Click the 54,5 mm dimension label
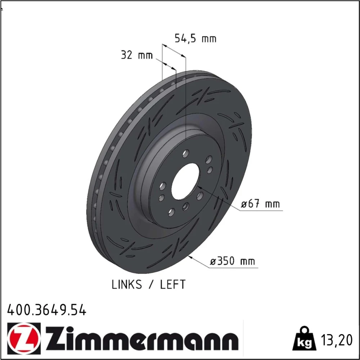point(195,39)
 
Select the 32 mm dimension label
point(137,55)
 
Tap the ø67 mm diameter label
point(260,204)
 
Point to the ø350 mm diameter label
point(232,261)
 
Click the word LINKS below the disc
point(127,285)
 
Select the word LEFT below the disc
point(173,285)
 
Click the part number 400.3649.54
point(47,310)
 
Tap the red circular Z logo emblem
point(24,338)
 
